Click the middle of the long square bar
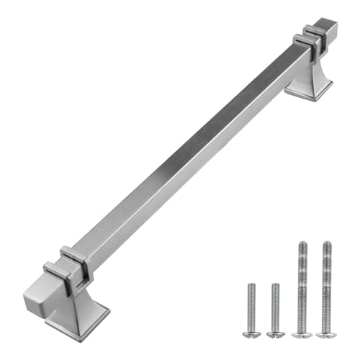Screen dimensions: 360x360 [x=187, y=151]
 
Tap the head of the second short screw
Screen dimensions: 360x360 [x=274, y=333]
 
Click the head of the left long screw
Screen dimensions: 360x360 [x=302, y=333]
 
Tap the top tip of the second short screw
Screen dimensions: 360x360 [x=274, y=286]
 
